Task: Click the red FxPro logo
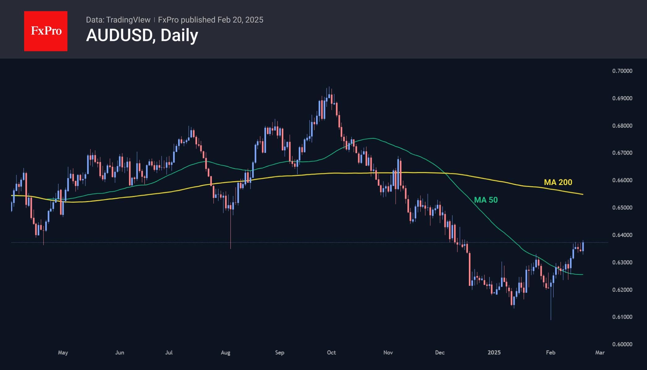[46, 31]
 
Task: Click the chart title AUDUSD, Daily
[142, 35]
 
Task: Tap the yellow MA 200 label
[558, 183]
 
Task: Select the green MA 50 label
[486, 200]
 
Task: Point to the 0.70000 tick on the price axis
[622, 71]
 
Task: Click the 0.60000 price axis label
[622, 344]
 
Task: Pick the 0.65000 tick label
[622, 208]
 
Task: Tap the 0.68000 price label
[622, 126]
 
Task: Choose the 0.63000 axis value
[622, 262]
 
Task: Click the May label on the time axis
[63, 352]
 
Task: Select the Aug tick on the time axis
[225, 352]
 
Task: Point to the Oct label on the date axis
[331, 352]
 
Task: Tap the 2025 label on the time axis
[494, 352]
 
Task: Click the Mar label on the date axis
[600, 352]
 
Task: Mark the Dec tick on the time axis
[439, 352]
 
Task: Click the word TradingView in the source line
[128, 20]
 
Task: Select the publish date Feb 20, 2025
[240, 20]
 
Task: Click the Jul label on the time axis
[169, 352]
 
